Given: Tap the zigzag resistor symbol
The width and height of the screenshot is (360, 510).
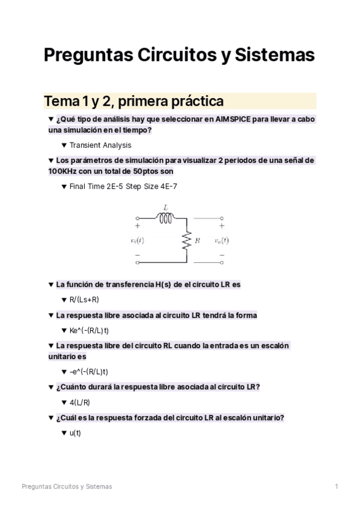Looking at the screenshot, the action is [x=188, y=240].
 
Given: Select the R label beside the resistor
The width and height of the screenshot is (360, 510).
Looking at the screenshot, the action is [x=198, y=241].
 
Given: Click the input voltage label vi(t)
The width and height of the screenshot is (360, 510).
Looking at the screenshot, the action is [x=137, y=241].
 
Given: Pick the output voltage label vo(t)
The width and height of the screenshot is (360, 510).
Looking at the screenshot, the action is [x=221, y=241].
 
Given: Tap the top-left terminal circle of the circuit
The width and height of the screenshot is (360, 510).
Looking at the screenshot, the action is [x=138, y=218].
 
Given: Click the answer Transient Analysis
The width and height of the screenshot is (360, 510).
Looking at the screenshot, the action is [x=100, y=145].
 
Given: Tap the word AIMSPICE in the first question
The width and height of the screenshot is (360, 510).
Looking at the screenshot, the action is [x=230, y=119].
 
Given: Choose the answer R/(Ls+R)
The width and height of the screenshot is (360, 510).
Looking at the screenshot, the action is [x=84, y=300].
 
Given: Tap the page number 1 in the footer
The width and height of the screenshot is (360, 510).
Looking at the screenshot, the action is [x=337, y=486].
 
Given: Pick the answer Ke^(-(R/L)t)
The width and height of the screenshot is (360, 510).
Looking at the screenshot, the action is [x=89, y=330].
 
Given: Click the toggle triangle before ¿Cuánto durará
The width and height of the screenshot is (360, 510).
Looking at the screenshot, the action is [x=50, y=387].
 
